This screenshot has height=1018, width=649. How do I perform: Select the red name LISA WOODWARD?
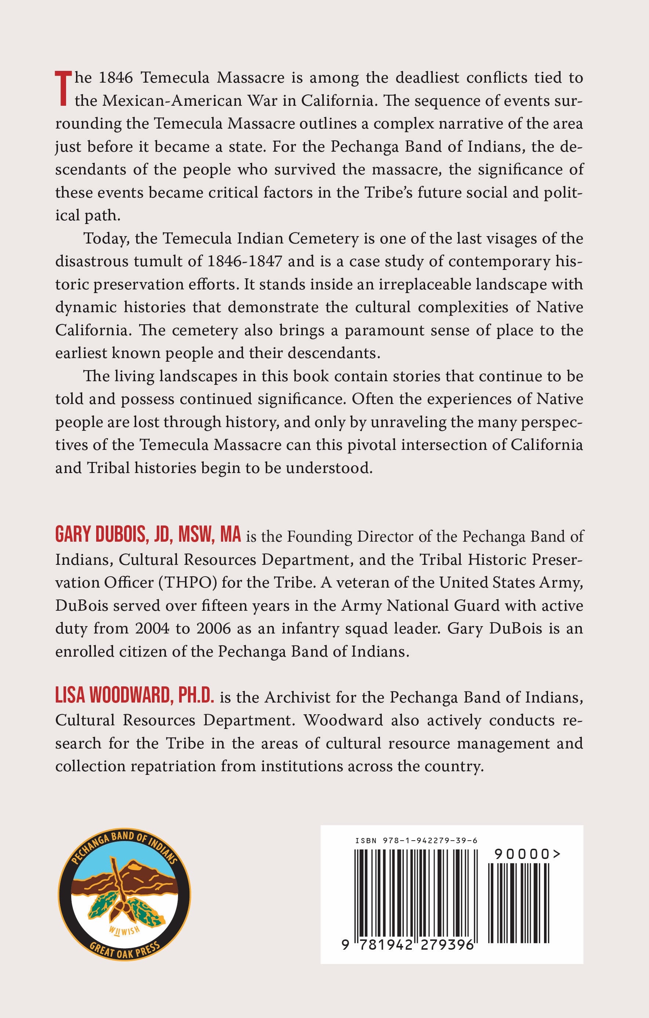click(112, 696)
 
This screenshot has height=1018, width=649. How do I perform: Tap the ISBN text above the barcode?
click(416, 841)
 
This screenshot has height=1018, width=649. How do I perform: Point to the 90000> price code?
click(527, 854)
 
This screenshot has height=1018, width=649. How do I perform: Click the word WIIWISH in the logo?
click(124, 930)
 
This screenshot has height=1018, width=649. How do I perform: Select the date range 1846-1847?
click(244, 261)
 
